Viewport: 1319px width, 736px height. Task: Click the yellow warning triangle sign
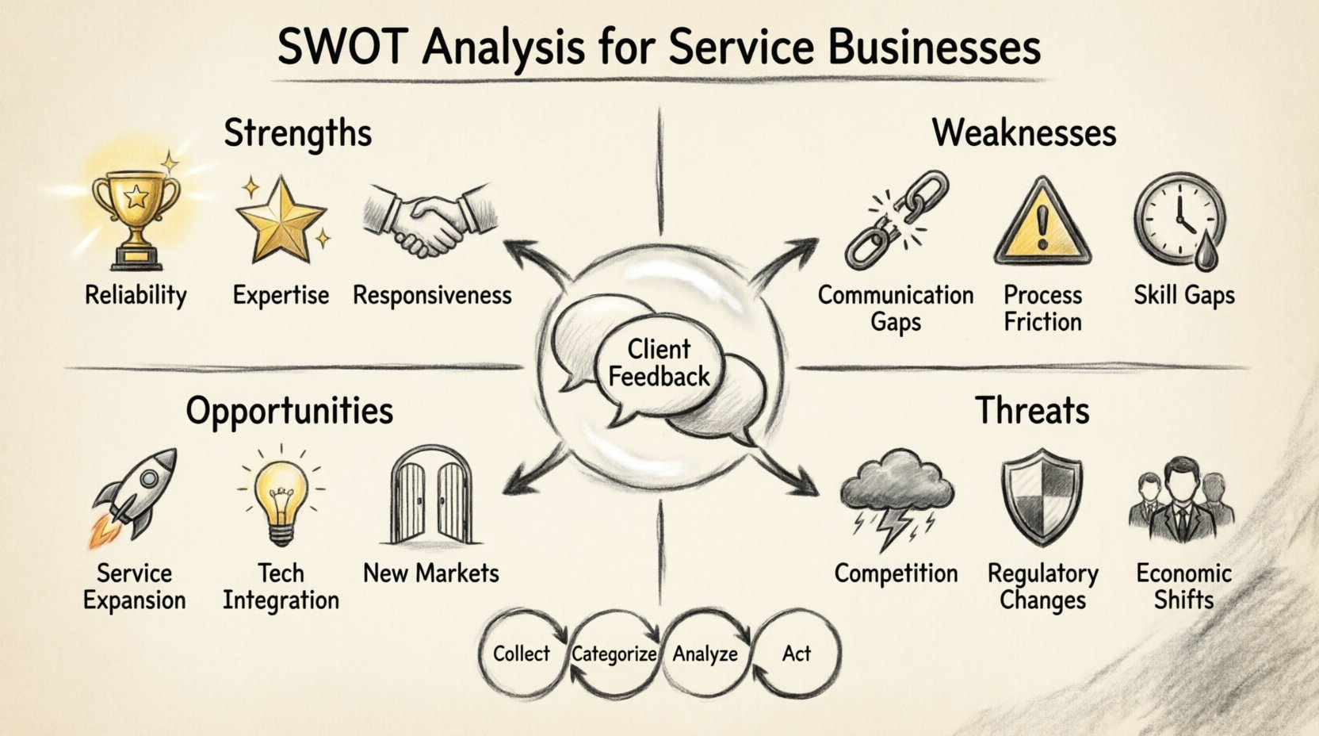[1042, 224]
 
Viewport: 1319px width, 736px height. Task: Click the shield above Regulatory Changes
[1042, 496]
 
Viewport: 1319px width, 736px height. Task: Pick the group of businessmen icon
[1181, 500]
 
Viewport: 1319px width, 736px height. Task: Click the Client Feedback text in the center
[659, 362]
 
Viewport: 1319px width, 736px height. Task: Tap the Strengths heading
[297, 132]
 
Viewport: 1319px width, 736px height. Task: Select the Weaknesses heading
[1024, 132]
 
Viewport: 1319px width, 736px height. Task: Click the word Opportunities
[289, 411]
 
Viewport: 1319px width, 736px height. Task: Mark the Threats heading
[1032, 411]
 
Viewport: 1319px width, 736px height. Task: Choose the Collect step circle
[522, 654]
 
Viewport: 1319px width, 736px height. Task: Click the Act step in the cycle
[797, 654]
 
